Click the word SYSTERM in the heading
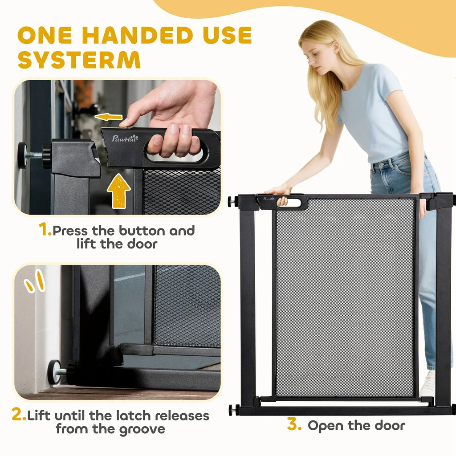(x=79, y=60)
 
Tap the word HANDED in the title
(x=138, y=35)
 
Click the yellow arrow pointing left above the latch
(x=109, y=117)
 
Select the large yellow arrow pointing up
(x=118, y=191)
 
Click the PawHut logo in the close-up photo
(x=125, y=138)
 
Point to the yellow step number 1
(x=45, y=229)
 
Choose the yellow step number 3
(x=294, y=424)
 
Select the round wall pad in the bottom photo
(x=54, y=372)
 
